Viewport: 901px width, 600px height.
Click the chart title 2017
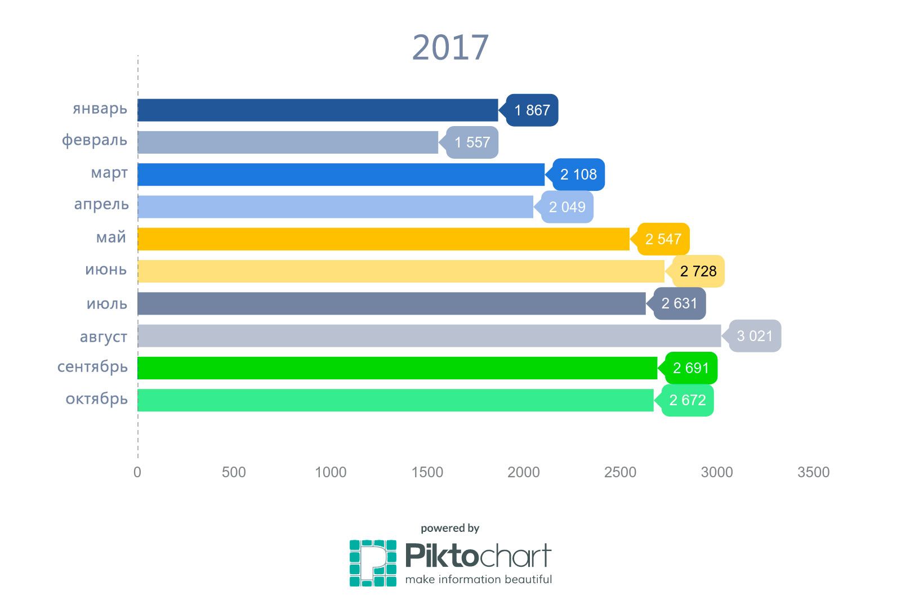(x=450, y=47)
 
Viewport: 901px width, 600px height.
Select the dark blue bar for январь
(x=318, y=110)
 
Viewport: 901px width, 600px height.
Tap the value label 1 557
(x=472, y=142)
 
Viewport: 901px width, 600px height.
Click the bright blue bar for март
(x=341, y=174)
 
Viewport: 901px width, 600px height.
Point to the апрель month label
(x=101, y=205)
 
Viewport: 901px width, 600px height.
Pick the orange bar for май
(x=383, y=239)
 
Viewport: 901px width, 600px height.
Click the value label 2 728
(x=698, y=271)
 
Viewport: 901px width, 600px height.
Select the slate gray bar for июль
(x=391, y=303)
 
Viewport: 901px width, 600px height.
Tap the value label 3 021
(x=755, y=336)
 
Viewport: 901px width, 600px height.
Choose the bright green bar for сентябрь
(x=397, y=368)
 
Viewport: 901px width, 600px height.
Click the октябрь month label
(x=97, y=400)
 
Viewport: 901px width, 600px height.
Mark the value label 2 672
(x=688, y=400)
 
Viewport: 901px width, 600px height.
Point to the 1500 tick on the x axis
(x=427, y=472)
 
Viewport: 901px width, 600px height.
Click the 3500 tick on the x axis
(x=813, y=472)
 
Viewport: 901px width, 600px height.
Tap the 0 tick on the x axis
(x=137, y=472)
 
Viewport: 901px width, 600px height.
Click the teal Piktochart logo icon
(x=373, y=563)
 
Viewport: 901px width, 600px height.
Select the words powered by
(x=450, y=528)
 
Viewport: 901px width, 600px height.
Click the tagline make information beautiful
(x=478, y=579)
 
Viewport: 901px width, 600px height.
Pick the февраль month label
(x=95, y=140)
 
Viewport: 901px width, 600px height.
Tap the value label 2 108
(x=578, y=174)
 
